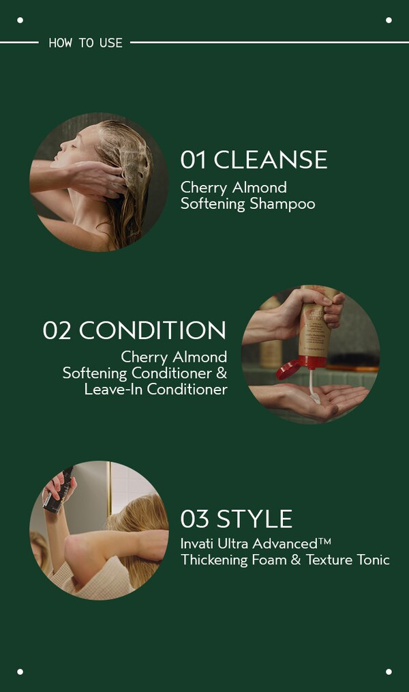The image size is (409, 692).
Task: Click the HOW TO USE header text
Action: point(85,42)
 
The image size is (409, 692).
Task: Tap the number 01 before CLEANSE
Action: point(193,160)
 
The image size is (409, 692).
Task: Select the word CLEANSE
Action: point(271,160)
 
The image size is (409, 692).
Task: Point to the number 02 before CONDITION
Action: point(57,330)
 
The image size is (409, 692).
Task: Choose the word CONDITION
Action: point(153,330)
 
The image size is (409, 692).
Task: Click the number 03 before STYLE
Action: point(194,519)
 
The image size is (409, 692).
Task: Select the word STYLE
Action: point(254,519)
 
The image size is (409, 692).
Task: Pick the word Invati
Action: point(197,544)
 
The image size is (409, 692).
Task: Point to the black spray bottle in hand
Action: point(58,489)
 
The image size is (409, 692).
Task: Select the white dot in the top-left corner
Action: point(20,20)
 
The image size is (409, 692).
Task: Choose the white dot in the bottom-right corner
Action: point(389,672)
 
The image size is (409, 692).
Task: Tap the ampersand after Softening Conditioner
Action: point(221,373)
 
